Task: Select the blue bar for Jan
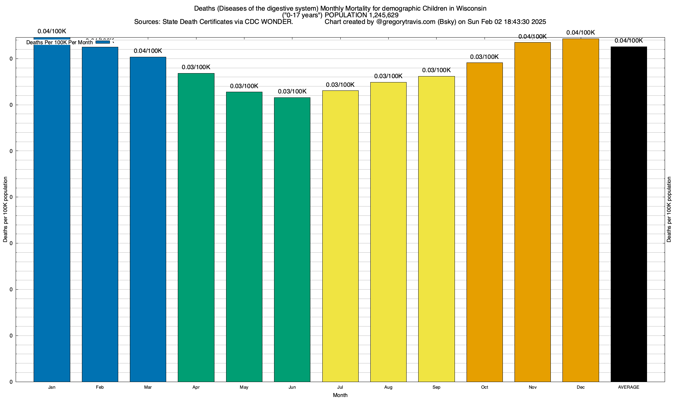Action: (52, 213)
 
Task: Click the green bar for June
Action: (292, 239)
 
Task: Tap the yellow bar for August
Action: (388, 233)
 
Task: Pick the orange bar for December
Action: (580, 209)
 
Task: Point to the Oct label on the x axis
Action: (485, 387)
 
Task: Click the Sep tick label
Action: (436, 387)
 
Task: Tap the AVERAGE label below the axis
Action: (629, 387)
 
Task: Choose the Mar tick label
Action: (148, 387)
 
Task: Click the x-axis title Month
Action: (340, 395)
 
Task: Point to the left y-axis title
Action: (5, 209)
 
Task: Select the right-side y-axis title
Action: (669, 209)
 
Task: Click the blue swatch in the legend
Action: (103, 42)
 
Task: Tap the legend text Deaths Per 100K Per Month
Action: (60, 43)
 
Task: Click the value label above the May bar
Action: (244, 86)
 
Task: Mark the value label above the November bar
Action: (532, 37)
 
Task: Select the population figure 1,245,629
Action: (384, 15)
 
